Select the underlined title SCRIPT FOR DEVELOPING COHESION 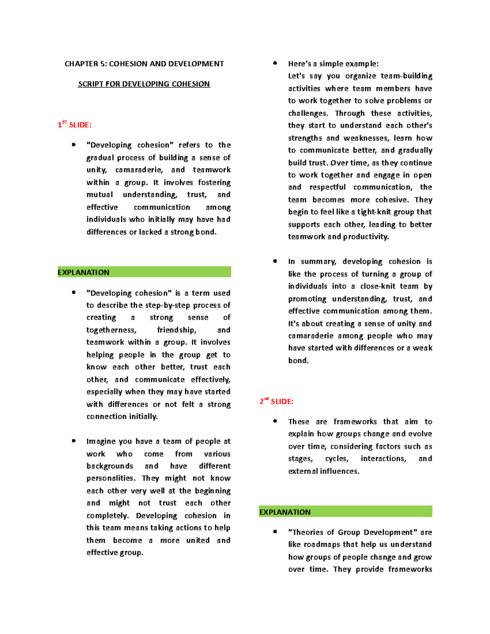pyautogui.click(x=144, y=84)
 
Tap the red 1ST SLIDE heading pyautogui.click(x=75, y=125)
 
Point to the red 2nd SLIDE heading pyautogui.click(x=276, y=401)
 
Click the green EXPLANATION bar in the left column pyautogui.click(x=144, y=272)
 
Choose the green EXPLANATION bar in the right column pyautogui.click(x=345, y=512)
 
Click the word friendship pyautogui.click(x=176, y=330)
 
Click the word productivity pyautogui.click(x=366, y=237)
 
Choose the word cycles pyautogui.click(x=337, y=458)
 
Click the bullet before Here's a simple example pyautogui.click(x=275, y=63)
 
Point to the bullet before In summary pyautogui.click(x=275, y=261)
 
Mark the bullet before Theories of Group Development pyautogui.click(x=275, y=532)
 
